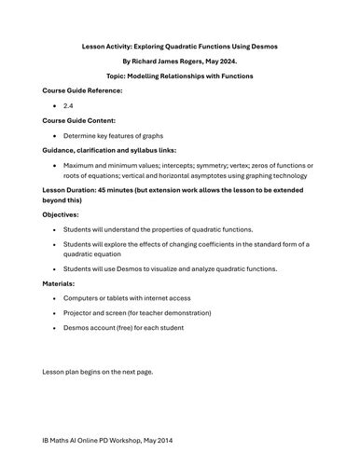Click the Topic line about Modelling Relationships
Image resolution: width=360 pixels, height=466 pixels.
(180, 75)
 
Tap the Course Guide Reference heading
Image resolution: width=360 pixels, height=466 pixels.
(83, 89)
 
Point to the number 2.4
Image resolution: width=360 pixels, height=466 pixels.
(69, 105)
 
